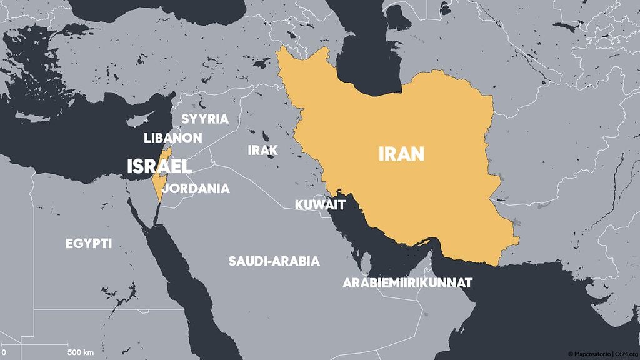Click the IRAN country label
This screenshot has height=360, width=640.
401,154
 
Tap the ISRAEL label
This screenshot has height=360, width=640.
159,166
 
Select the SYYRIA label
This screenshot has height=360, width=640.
205,119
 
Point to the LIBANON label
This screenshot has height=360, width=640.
172,137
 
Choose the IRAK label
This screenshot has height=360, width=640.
262,150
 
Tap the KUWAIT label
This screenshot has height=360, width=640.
320,204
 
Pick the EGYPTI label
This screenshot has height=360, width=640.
89,244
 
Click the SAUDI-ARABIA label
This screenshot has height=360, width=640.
274,261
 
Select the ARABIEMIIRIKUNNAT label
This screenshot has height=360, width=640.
407,283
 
